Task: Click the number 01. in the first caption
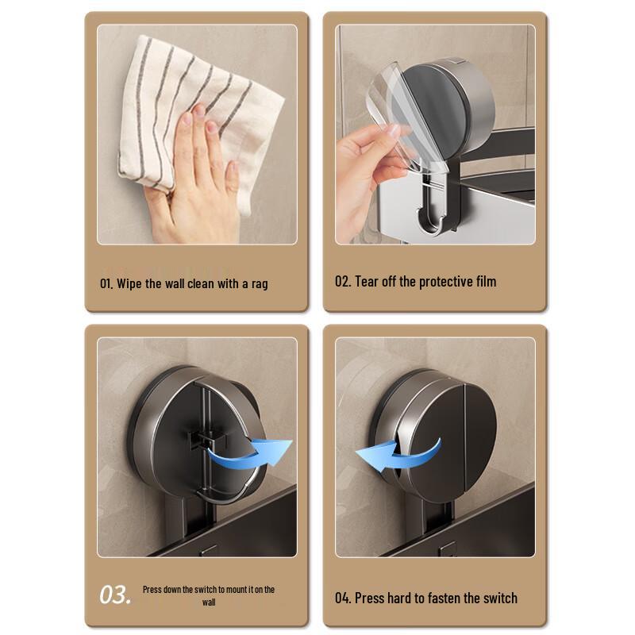coord(107,283)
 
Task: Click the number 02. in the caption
coord(343,281)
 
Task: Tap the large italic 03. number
coord(115,595)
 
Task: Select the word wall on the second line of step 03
coord(209,602)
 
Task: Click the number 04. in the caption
coord(343,598)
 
